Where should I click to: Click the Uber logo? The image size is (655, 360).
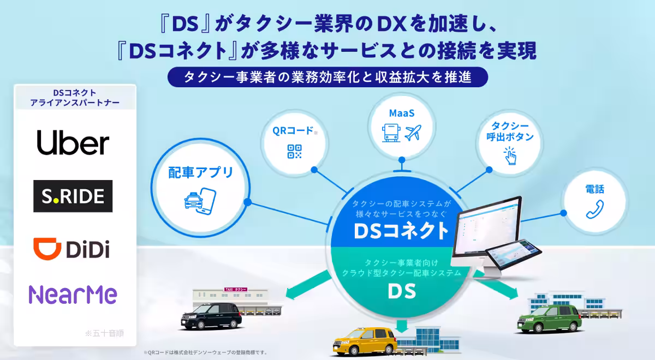coord(73,143)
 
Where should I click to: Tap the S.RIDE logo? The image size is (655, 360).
coord(73,196)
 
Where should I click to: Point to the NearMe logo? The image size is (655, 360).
coord(73,295)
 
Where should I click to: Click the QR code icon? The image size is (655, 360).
coord(295,152)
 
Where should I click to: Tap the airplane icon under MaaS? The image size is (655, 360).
coord(413,132)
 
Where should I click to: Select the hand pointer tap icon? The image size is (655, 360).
coord(509,155)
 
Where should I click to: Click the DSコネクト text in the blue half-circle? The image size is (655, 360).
coord(402,231)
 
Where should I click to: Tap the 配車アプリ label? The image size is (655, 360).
coord(200,172)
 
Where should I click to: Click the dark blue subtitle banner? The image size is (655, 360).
coord(327,77)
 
